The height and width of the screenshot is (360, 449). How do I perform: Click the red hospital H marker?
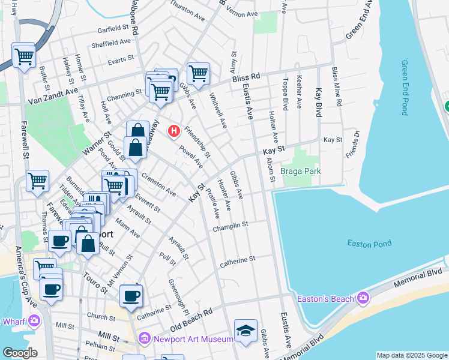click(x=175, y=130)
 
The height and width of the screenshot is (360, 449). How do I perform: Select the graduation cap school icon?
click(x=246, y=331)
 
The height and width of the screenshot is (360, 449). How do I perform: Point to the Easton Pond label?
click(x=369, y=243)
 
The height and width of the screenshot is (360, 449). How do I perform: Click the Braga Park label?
click(x=301, y=172)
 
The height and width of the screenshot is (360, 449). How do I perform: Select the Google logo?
click(x=19, y=353)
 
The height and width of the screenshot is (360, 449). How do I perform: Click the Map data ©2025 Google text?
click(x=412, y=355)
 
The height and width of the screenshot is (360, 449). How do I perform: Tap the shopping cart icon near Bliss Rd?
click(x=198, y=73)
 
